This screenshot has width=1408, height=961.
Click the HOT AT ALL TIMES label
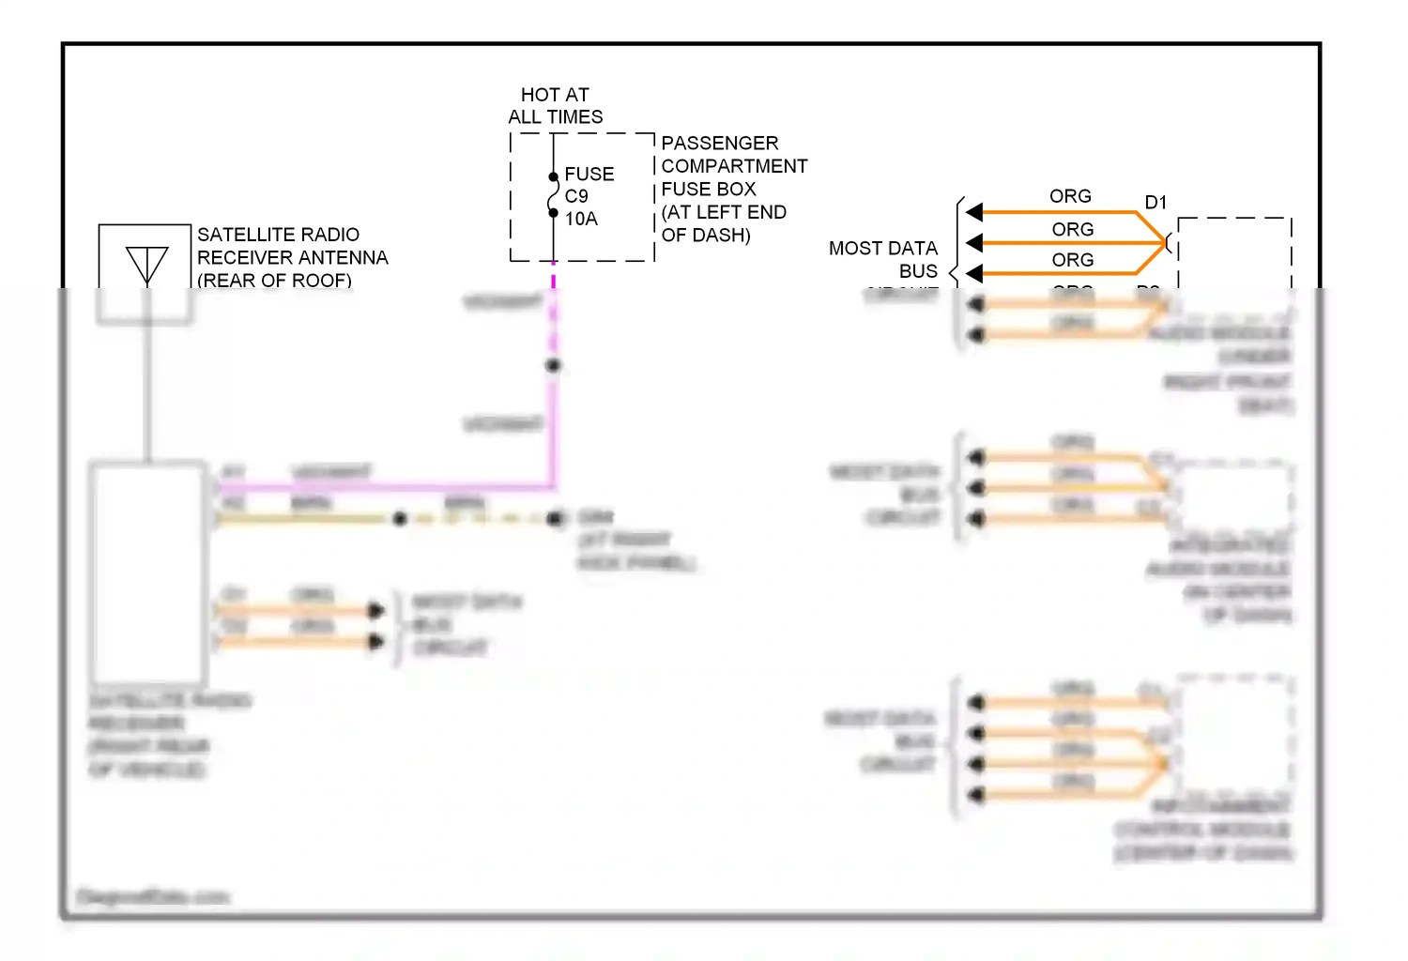555,106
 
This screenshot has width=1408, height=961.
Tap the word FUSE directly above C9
589,175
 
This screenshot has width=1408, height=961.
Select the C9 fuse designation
576,196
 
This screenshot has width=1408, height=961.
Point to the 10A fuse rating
581,219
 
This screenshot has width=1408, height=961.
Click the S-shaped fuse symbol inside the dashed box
554,195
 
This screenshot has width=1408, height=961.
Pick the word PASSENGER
720,144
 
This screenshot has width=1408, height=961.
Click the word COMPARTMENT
734,166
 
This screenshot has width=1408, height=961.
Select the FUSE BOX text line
709,190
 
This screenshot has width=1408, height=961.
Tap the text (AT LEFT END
724,212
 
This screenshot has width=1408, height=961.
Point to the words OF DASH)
706,236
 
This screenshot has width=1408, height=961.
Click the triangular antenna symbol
147,264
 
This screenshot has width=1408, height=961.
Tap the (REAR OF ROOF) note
274,280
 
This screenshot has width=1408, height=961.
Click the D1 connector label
1155,203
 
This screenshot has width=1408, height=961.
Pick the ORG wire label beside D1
1070,196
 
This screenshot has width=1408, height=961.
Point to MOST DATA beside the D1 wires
882,249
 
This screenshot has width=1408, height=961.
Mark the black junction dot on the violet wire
554,366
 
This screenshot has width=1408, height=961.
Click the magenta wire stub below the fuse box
554,279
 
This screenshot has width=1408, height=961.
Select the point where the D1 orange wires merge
1163,243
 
